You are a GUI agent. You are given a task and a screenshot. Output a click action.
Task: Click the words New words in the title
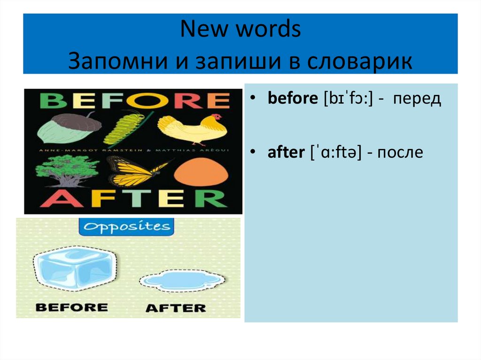pos(240,31)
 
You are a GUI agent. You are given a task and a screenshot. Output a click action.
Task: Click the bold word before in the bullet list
pos(292,99)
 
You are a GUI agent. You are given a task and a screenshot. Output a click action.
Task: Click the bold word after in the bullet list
pos(286,153)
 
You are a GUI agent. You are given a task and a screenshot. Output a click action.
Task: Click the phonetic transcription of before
pos(348,100)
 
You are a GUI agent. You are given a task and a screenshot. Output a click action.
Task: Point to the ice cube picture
pos(73,270)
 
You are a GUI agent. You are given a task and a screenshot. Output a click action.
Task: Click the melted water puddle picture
pos(181,281)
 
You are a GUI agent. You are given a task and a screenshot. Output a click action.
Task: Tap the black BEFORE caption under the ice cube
pos(71,307)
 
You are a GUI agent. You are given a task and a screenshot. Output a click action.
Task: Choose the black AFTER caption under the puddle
pos(176,308)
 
